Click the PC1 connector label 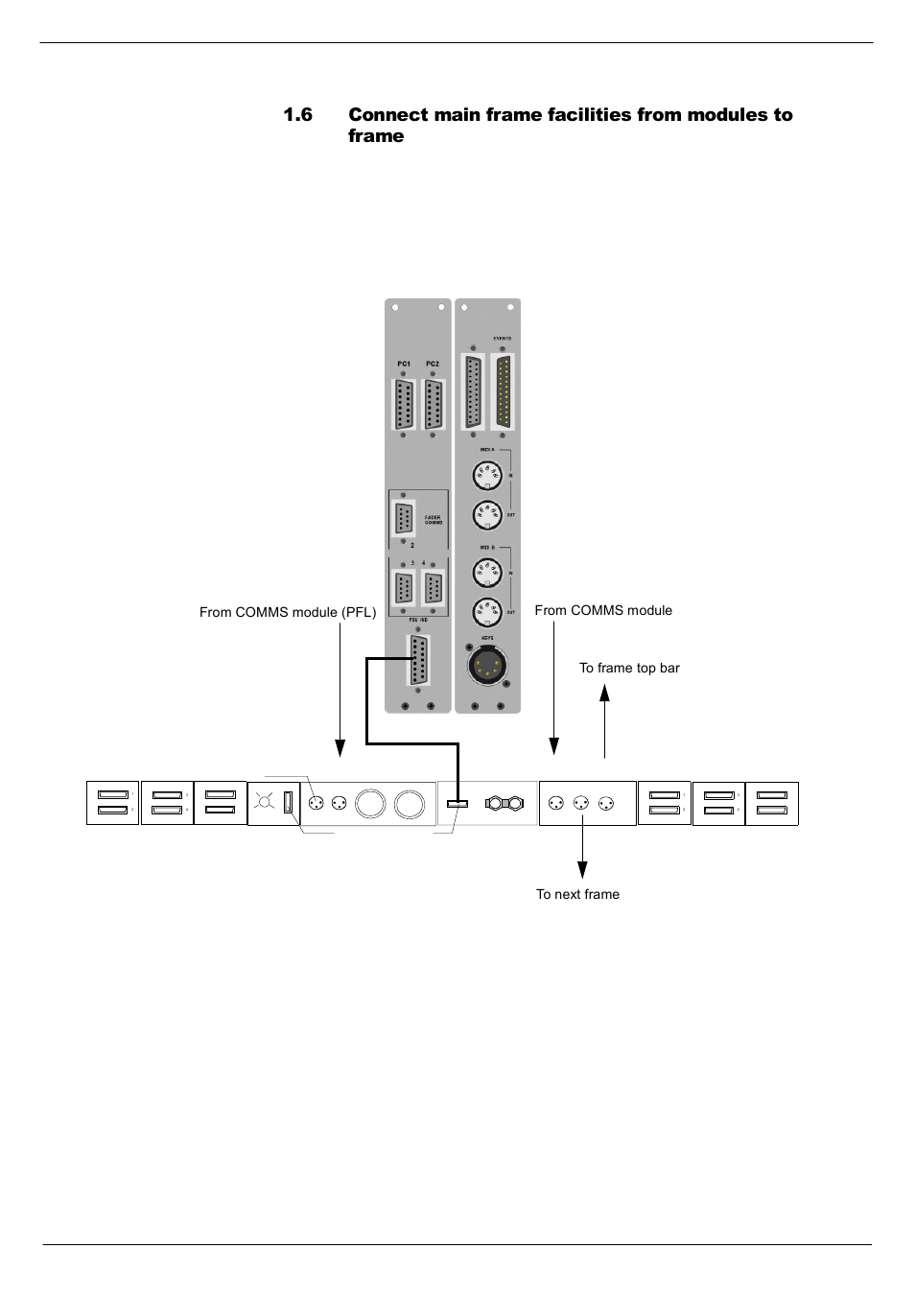pos(404,365)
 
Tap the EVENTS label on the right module pos(503,339)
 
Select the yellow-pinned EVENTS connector pos(503,392)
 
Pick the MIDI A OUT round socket pos(487,515)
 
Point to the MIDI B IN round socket pos(487,573)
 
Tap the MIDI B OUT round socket pos(487,612)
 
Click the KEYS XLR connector pos(487,664)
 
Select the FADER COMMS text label pos(433,519)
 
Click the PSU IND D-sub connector pos(417,662)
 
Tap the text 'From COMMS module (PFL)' pos(288,612)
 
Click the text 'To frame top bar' pos(629,668)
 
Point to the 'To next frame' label pos(577,894)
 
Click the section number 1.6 pos(298,115)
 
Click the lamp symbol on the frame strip pos(263,804)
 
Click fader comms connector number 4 pos(434,588)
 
